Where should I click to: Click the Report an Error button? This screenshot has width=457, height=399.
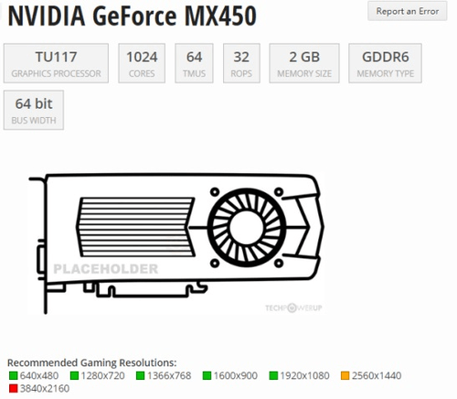[x=409, y=12]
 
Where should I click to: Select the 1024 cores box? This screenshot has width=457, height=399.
[x=141, y=62]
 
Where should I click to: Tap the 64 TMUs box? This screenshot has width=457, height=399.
[x=194, y=62]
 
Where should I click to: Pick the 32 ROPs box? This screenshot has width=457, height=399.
[x=241, y=62]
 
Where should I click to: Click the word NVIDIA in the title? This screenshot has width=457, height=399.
[x=46, y=16]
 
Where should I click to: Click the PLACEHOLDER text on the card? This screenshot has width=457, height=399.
[x=105, y=269]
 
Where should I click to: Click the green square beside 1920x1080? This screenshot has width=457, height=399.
[x=274, y=375]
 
